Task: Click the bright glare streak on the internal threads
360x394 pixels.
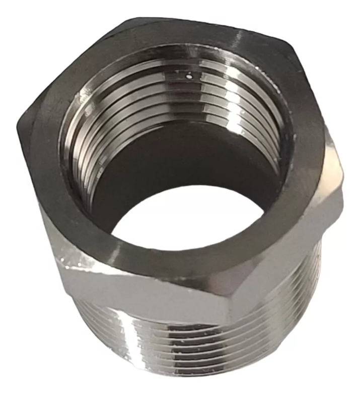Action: (222, 101)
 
